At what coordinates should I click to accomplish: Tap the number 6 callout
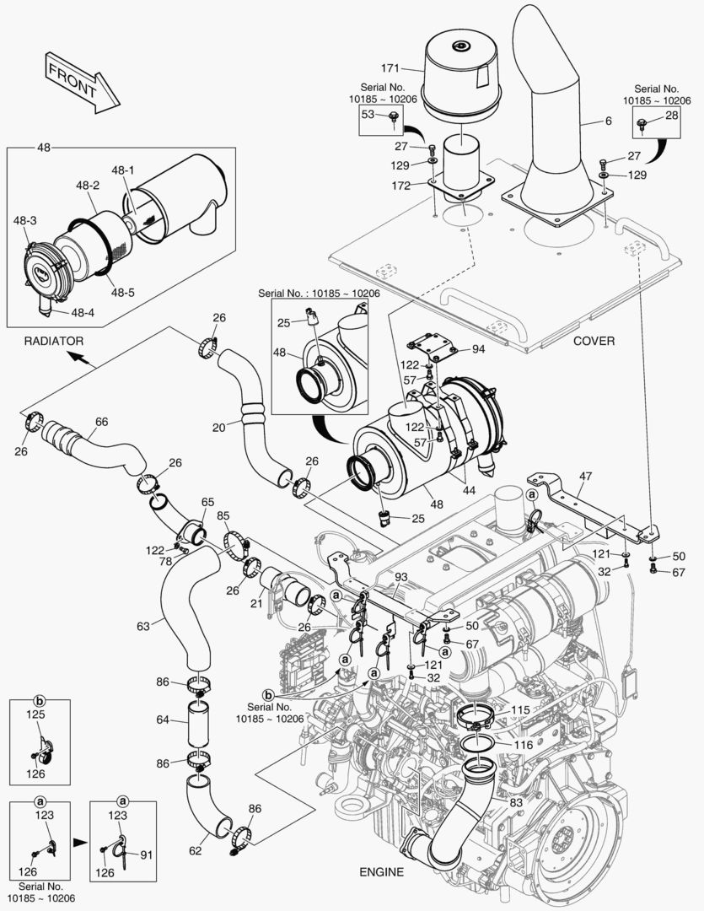[608, 121]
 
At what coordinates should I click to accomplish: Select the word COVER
[594, 341]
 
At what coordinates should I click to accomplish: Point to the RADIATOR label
[54, 341]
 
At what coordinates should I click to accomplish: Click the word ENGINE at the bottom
[379, 871]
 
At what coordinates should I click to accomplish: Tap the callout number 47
[586, 477]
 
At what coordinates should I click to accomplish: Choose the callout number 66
[101, 422]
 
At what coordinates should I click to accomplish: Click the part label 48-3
[24, 221]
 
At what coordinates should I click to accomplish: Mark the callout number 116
[522, 747]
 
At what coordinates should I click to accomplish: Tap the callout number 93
[400, 577]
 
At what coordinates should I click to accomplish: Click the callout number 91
[144, 854]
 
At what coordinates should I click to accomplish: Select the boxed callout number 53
[368, 114]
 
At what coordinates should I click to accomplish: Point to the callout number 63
[144, 626]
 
